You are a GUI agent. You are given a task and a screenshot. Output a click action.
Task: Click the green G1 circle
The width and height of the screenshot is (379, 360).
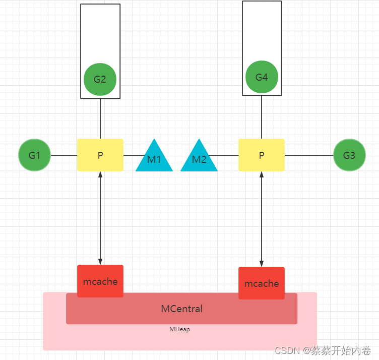pos(34,155)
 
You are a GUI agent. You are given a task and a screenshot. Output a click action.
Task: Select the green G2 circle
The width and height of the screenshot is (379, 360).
pos(100,79)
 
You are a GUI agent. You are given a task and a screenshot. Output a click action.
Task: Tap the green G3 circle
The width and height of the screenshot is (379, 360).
pos(349,155)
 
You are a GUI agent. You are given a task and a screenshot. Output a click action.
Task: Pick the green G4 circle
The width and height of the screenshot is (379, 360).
pos(262,77)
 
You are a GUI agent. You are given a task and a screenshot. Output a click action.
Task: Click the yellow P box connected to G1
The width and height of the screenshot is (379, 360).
pos(100,155)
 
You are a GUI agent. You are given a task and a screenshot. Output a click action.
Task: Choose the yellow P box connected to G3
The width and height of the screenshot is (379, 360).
pos(262,155)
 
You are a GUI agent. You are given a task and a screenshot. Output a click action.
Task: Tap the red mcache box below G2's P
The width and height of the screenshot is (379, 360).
pos(100,281)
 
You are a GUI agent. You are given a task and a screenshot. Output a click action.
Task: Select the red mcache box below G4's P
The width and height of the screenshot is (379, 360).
pos(262,283)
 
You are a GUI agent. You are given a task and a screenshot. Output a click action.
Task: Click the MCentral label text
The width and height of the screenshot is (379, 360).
pos(181,309)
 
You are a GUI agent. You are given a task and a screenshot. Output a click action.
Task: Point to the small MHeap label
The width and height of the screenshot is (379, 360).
pos(179,329)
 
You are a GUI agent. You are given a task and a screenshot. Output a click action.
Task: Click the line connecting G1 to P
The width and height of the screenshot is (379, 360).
pos(64,155)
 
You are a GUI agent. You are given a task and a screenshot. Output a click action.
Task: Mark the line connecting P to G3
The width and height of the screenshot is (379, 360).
pos(309,155)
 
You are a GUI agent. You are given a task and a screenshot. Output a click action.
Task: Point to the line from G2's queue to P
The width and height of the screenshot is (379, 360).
pos(100,118)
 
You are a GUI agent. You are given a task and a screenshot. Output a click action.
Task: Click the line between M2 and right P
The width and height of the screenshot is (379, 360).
pos(224,155)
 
